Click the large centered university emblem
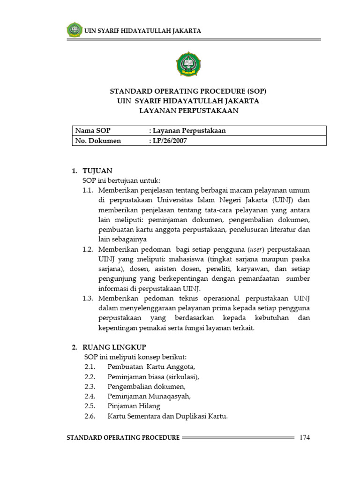189,64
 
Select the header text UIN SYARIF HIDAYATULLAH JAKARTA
142,31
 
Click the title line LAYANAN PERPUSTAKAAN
189,111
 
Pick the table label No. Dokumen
98,141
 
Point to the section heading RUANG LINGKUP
114,347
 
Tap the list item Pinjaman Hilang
134,406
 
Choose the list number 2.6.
90,416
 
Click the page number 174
305,437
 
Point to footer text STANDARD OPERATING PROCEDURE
123,437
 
